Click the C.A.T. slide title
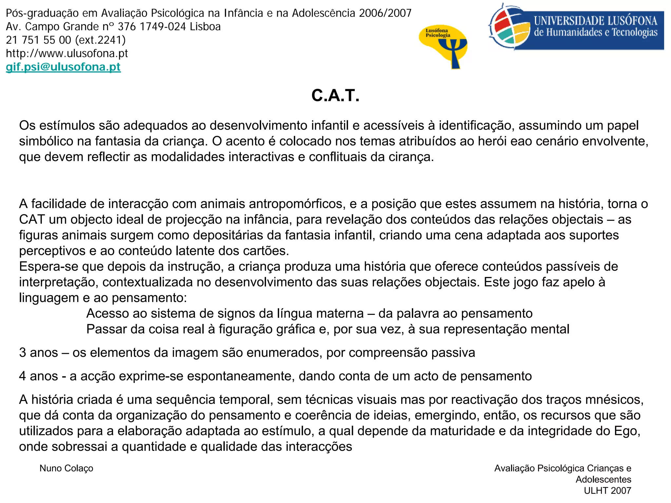[335, 96]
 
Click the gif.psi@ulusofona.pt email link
[63, 67]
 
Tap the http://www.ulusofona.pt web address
[67, 53]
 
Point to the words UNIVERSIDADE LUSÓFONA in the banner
[595, 21]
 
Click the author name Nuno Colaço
[66, 468]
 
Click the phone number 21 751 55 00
[38, 40]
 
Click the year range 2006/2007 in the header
[385, 13]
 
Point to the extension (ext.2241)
[100, 40]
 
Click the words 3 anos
[38, 353]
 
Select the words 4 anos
[38, 376]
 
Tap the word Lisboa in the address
[205, 27]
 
